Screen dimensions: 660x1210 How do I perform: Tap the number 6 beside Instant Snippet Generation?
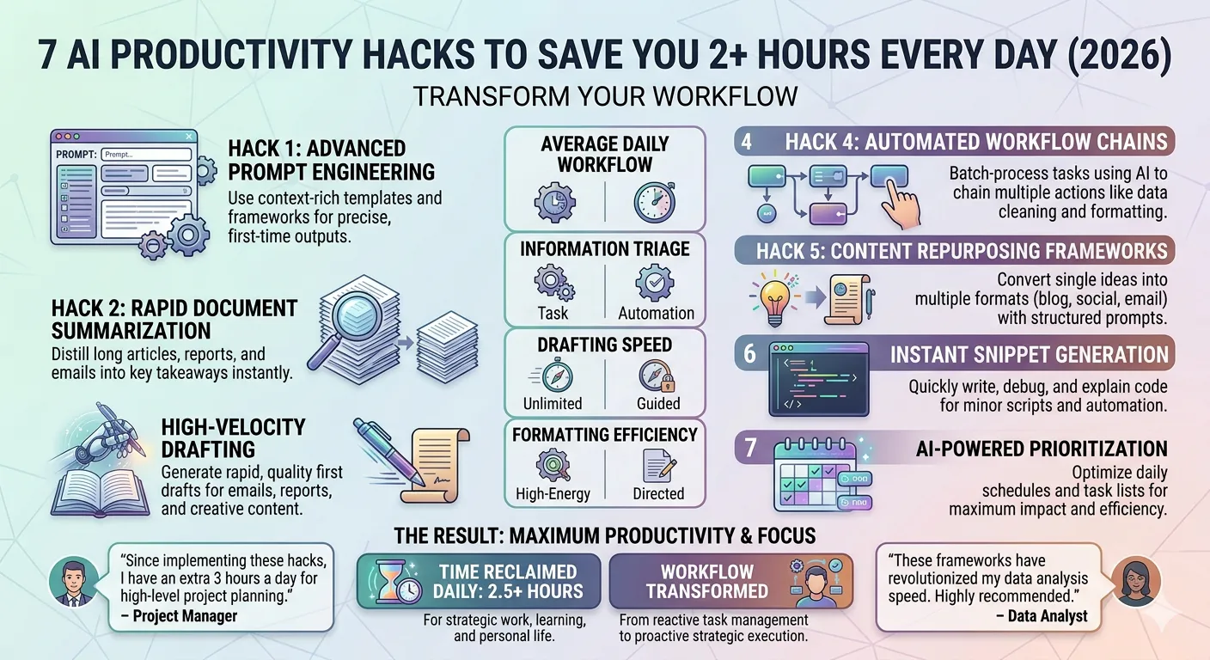pos(749,354)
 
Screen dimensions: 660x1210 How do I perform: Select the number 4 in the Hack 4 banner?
pos(746,142)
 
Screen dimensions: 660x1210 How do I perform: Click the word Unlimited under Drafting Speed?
pos(553,404)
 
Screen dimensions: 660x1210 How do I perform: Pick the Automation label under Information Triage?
pos(657,313)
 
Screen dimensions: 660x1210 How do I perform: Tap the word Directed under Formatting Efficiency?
pos(658,494)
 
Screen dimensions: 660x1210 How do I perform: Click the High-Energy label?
pos(553,494)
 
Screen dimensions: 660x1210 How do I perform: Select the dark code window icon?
pos(818,379)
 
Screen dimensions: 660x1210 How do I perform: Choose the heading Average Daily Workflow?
pos(605,154)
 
